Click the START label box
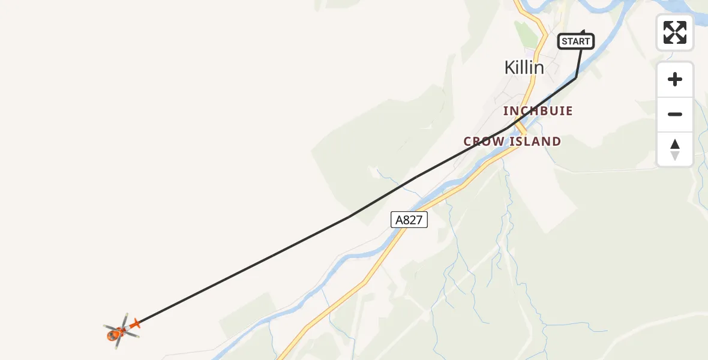576,41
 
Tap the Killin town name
524,68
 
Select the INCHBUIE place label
538,111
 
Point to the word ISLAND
535,142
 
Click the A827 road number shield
409,220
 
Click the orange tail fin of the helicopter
135,324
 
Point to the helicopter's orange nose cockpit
112,335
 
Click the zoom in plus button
675,79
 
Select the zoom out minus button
675,114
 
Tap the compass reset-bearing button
675,149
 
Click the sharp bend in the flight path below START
576,77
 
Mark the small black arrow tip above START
583,30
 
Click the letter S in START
564,41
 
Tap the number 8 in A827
405,220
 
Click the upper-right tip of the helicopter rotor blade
127,314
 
